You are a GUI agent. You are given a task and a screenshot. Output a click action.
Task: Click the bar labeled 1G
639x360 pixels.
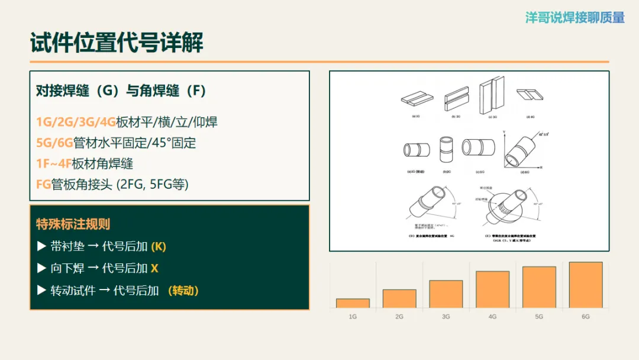353,303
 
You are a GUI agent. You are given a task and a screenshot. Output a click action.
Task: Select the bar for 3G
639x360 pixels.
446,294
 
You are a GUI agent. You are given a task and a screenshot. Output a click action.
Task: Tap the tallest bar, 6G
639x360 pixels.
585,285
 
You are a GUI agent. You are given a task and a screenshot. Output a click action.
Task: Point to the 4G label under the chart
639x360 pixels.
492,317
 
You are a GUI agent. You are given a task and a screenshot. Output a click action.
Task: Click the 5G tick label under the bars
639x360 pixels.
539,317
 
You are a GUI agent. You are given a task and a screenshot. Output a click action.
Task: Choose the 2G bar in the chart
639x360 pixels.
399,298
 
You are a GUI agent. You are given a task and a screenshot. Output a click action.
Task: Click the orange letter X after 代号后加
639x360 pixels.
154,268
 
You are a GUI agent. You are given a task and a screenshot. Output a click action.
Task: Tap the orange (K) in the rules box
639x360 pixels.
159,246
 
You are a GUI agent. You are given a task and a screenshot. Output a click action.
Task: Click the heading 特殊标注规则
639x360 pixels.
73,224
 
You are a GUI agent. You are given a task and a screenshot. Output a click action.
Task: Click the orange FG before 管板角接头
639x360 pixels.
43,184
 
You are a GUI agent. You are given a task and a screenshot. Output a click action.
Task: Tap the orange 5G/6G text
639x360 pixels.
54,143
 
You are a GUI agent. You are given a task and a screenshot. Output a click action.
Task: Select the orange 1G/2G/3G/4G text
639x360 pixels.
76,123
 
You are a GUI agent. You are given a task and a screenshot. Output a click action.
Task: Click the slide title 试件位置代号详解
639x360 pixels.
117,43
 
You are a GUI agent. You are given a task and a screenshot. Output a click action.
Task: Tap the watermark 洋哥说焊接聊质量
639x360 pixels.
575,18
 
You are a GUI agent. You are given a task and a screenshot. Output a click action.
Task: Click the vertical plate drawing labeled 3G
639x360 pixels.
492,96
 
